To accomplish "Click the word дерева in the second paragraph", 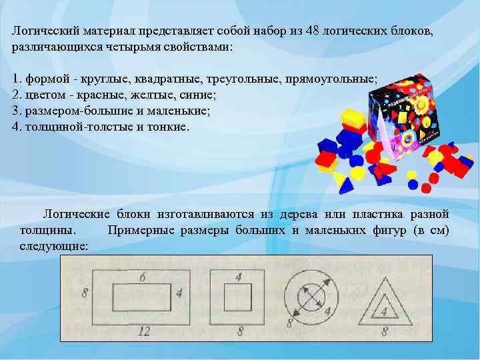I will pos(299,215).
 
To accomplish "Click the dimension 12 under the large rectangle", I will pos(143,329).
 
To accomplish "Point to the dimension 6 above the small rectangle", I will pos(143,277).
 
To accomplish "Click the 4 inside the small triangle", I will pos(383,311).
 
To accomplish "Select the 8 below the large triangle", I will pos(384,329).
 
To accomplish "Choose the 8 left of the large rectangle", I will pos(85,292).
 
